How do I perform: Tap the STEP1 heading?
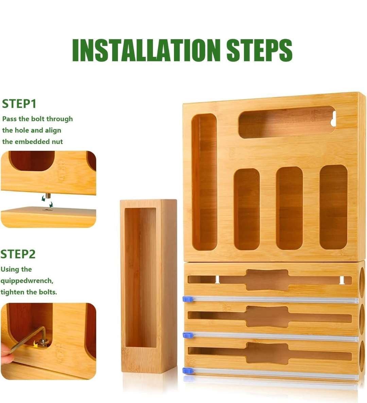pyautogui.click(x=19, y=104)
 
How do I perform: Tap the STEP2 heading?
pyautogui.click(x=18, y=254)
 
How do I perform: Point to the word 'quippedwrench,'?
pyautogui.click(x=27, y=281)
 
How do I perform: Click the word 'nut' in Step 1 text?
pyautogui.click(x=58, y=142)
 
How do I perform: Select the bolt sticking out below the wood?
pyautogui.click(x=48, y=198)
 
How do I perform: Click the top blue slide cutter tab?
pyautogui.click(x=188, y=299)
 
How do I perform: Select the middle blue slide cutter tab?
pyautogui.click(x=188, y=335)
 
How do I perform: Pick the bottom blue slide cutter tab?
pyautogui.click(x=188, y=371)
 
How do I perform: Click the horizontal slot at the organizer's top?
pyautogui.click(x=287, y=122)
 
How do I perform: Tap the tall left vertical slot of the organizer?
pyautogui.click(x=204, y=182)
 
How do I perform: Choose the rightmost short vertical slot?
pyautogui.click(x=333, y=207)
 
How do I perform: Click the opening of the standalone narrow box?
pyautogui.click(x=140, y=278)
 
